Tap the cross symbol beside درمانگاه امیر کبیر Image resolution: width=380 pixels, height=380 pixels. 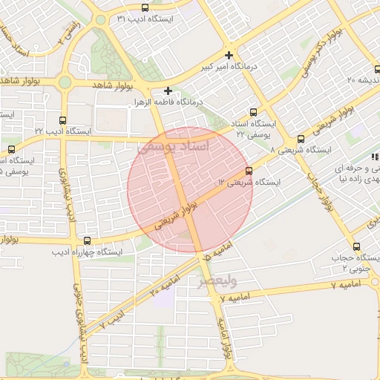click(x=229, y=56)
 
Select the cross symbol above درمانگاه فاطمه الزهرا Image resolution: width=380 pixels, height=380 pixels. click(x=169, y=90)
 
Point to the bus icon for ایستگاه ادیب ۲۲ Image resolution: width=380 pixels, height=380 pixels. click(x=62, y=119)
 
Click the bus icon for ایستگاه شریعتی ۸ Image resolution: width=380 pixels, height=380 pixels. click(x=301, y=139)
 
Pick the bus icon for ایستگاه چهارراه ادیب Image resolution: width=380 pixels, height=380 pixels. click(x=88, y=240)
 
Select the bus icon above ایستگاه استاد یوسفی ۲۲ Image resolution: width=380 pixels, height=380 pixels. click(x=254, y=113)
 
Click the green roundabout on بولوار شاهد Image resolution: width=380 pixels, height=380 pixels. click(x=65, y=82)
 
